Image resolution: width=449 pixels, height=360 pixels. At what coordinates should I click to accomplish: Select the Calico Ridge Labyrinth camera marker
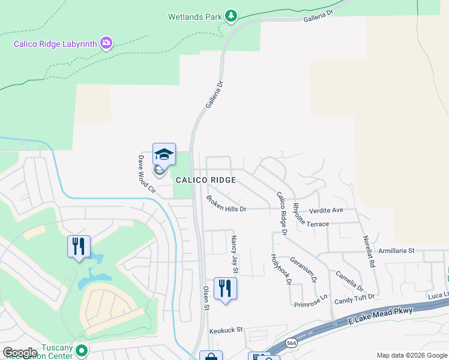point(106,42)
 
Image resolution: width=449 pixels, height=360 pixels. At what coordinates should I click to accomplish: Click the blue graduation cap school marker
point(164,155)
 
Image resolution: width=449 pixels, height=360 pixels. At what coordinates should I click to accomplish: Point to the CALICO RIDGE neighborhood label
point(206,180)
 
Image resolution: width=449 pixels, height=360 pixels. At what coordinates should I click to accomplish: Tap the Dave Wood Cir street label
point(146,174)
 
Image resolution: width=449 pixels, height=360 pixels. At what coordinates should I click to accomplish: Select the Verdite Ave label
point(326,211)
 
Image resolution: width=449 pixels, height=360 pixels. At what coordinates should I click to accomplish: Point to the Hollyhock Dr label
point(281,269)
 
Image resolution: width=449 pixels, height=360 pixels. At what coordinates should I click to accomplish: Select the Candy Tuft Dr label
point(354,298)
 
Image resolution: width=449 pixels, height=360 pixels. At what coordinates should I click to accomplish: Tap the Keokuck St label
point(226,330)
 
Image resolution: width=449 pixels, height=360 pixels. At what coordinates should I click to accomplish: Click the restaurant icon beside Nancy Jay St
point(225,288)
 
